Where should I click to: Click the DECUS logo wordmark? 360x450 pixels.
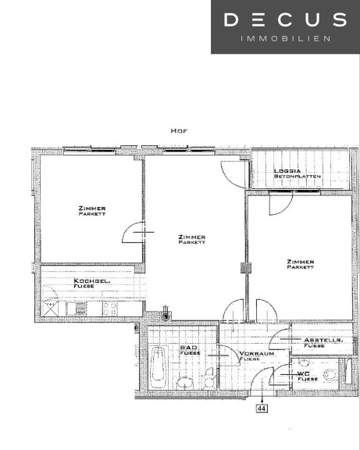click(x=285, y=20)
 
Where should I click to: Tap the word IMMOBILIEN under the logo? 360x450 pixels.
click(x=285, y=38)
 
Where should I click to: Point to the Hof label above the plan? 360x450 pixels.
click(x=179, y=131)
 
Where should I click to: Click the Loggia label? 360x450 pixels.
click(x=287, y=171)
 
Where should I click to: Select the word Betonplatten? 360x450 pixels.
click(x=298, y=177)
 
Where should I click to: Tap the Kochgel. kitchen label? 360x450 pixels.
click(x=92, y=281)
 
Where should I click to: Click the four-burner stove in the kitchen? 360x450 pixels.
click(x=110, y=309)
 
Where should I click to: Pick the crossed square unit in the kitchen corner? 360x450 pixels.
click(x=50, y=309)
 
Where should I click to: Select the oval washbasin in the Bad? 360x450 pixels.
click(x=185, y=383)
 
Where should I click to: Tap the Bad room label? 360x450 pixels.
click(x=188, y=348)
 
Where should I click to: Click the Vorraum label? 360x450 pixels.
click(x=257, y=354)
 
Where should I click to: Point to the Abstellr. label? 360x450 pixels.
click(x=323, y=340)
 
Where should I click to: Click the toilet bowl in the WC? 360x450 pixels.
click(x=330, y=374)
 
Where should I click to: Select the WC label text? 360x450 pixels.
click(x=304, y=374)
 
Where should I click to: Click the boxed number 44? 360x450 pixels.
click(x=262, y=408)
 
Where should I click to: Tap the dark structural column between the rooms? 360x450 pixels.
click(x=246, y=268)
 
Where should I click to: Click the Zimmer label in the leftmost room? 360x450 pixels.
click(x=92, y=208)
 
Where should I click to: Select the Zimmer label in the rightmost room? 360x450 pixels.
click(x=301, y=262)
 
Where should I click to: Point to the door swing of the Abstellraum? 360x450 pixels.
click(x=276, y=334)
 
